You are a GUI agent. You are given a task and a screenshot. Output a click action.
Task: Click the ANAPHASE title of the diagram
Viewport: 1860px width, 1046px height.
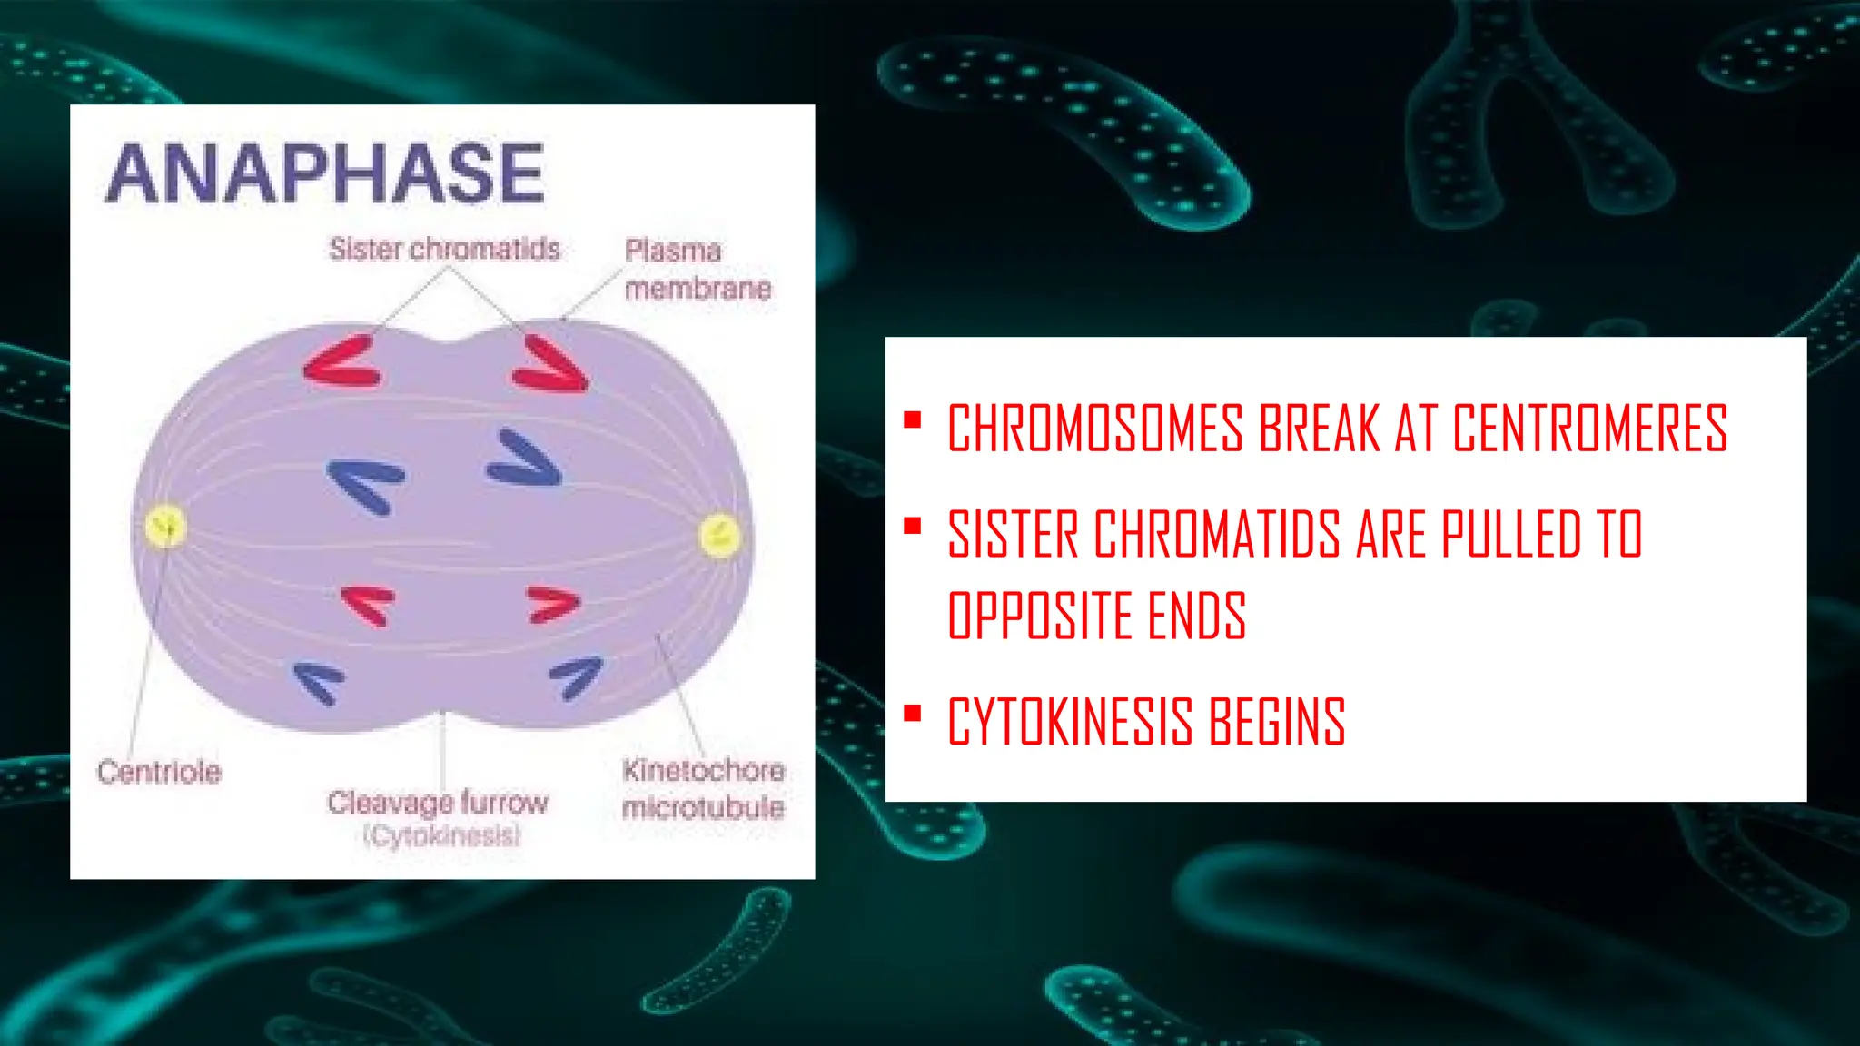(x=325, y=173)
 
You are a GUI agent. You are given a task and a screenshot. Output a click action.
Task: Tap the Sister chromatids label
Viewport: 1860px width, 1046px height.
(x=444, y=249)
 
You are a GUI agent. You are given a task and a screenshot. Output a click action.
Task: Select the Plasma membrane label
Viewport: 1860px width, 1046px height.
(x=697, y=270)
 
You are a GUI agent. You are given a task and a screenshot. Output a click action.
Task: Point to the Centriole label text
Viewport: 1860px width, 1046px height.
(x=159, y=772)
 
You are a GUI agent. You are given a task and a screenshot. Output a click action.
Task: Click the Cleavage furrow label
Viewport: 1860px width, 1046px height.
(x=438, y=803)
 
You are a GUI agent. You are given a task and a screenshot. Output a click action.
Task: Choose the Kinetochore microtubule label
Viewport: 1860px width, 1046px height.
(x=703, y=788)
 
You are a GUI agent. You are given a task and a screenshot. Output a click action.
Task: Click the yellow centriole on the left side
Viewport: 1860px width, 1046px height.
(x=165, y=527)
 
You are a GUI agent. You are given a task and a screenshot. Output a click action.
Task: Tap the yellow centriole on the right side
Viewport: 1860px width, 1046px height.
(x=719, y=536)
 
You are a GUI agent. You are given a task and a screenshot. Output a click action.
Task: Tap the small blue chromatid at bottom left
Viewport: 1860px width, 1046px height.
(x=319, y=682)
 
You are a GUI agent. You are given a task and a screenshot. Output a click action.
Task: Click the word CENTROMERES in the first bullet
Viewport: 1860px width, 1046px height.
(x=1589, y=429)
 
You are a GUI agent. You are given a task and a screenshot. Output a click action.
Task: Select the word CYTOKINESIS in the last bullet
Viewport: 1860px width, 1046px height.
(x=1070, y=723)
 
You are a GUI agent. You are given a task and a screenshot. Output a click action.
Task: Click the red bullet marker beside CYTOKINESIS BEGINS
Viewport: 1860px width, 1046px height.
(x=913, y=714)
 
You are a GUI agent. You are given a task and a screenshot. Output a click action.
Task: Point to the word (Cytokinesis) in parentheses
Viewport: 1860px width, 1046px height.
(x=442, y=835)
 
